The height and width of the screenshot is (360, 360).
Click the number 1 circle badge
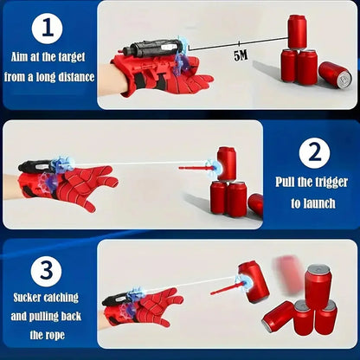(x=48, y=29)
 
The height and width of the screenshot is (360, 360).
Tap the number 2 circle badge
(x=312, y=154)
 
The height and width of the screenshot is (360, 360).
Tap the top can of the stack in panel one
(x=297, y=32)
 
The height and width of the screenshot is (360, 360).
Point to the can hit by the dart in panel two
(x=226, y=163)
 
